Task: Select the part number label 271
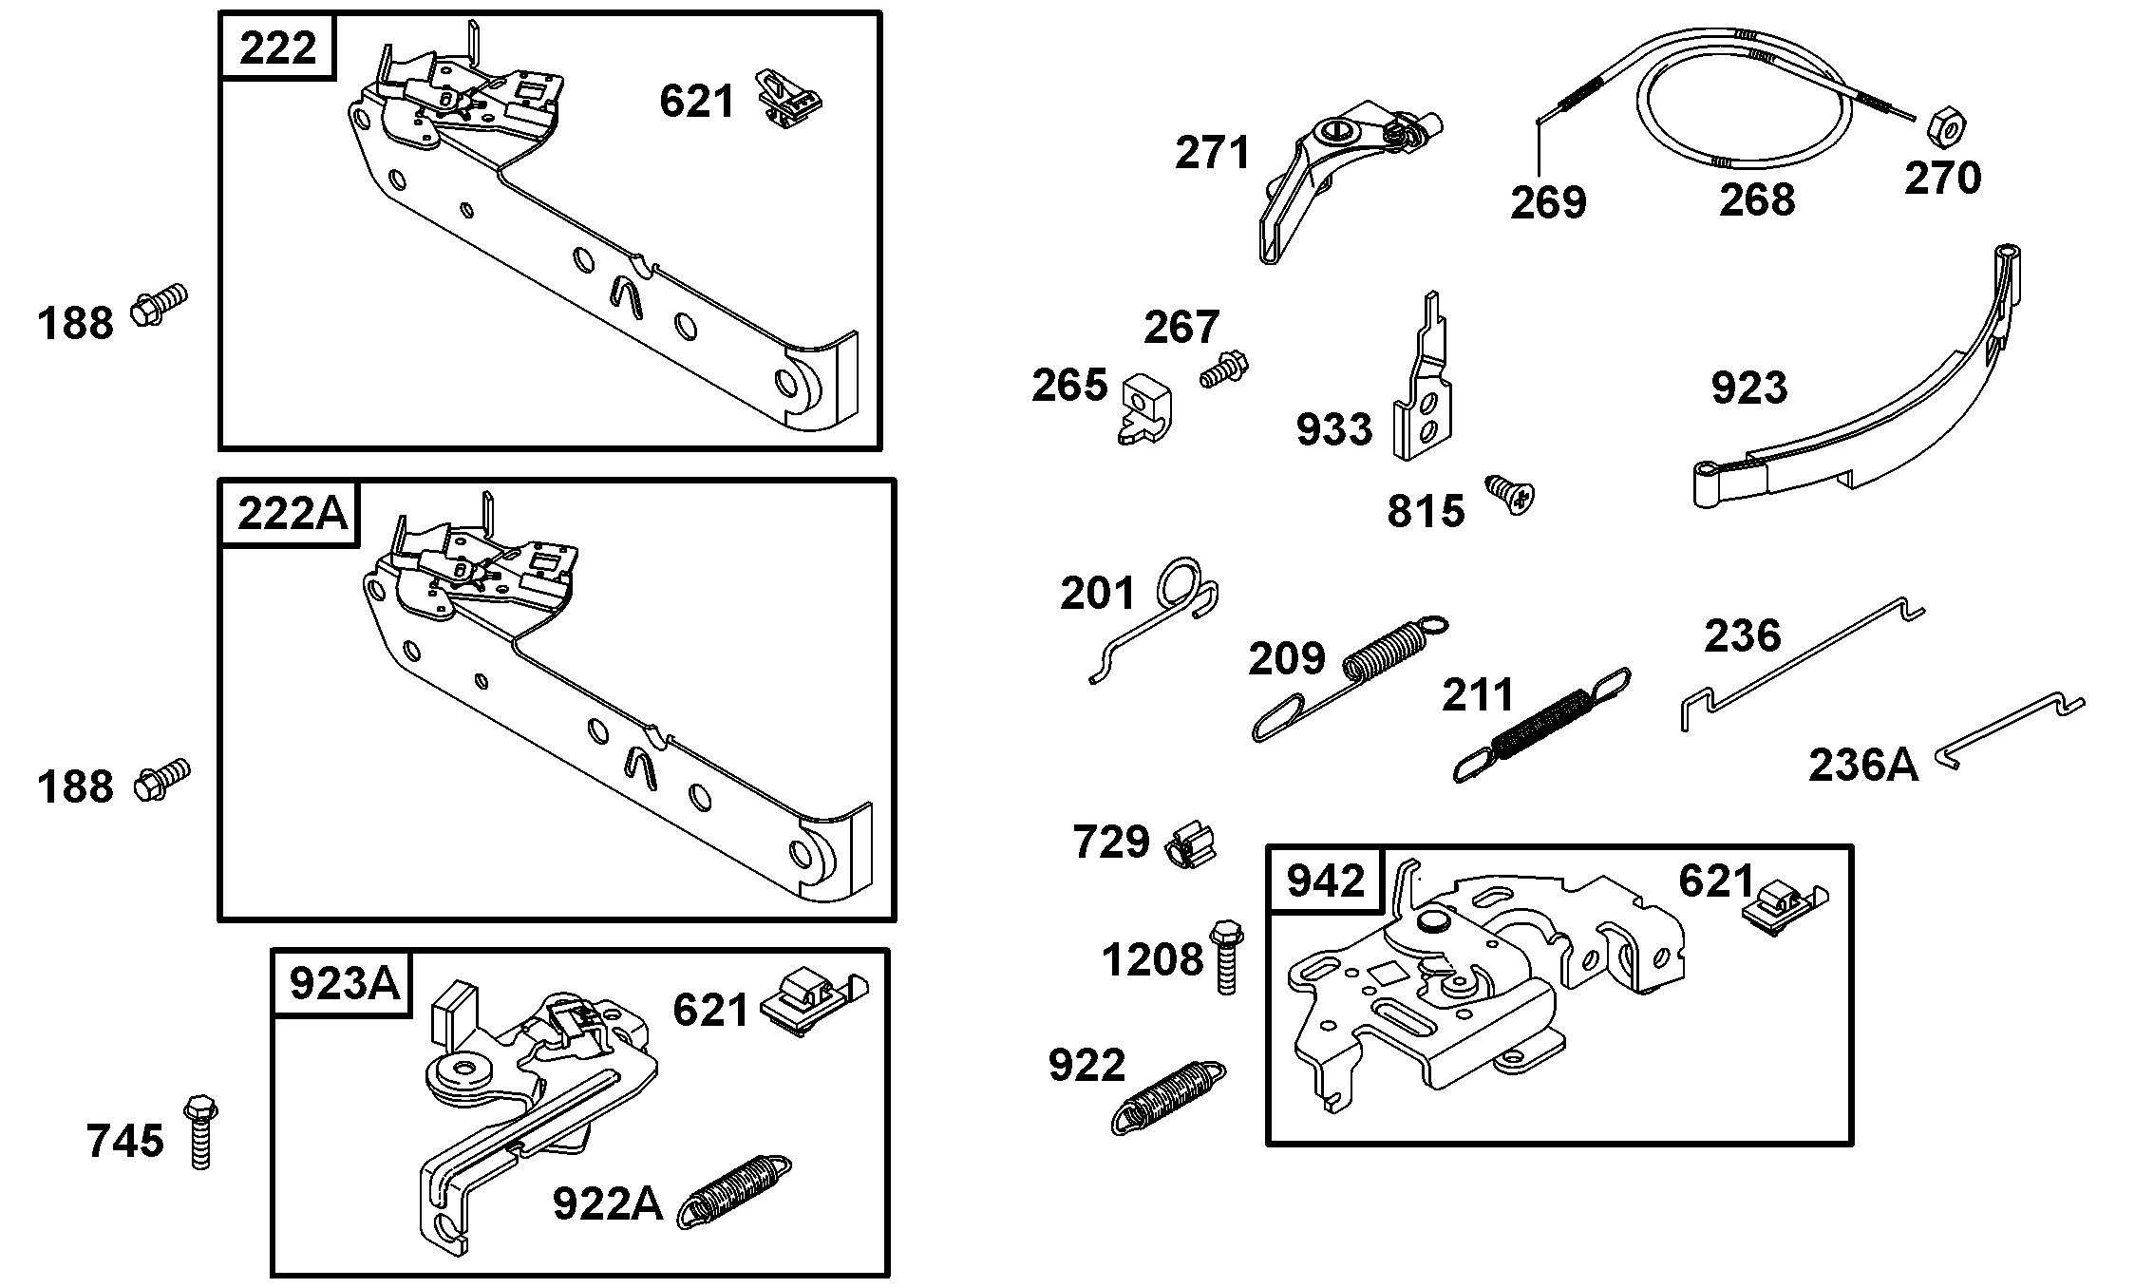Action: (x=1212, y=154)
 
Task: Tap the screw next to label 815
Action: (x=1510, y=495)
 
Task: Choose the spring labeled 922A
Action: (x=734, y=1191)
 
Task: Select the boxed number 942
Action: (x=1325, y=881)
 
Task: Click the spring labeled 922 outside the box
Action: (x=1168, y=1097)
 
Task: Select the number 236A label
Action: (x=1861, y=766)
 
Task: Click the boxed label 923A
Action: (x=343, y=984)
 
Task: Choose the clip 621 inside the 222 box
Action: (x=788, y=98)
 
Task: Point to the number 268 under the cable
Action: (x=1756, y=200)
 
